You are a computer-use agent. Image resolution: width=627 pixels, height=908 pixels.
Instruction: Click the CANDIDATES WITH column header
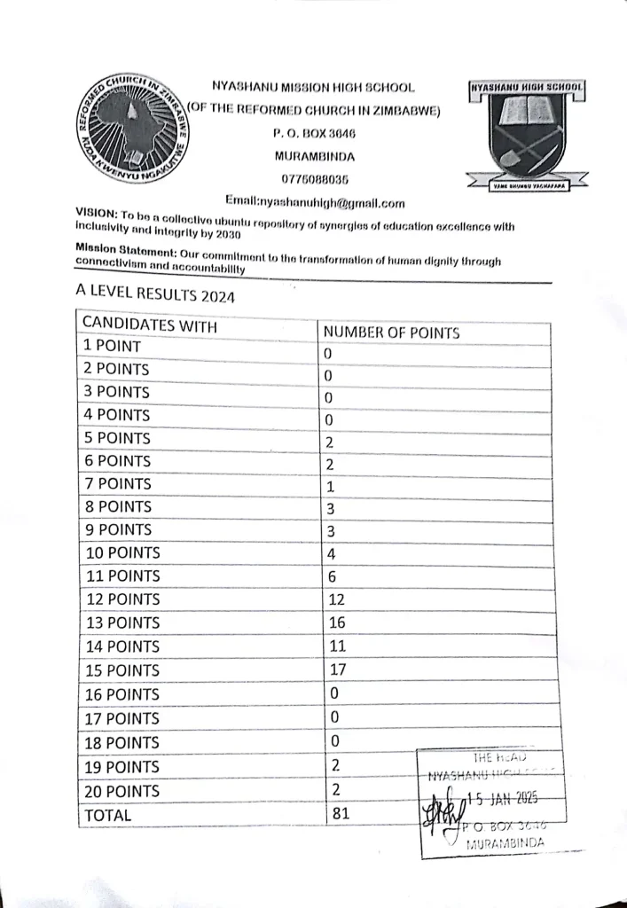tap(149, 325)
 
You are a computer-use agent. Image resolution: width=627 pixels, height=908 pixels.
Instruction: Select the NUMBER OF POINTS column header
tap(391, 333)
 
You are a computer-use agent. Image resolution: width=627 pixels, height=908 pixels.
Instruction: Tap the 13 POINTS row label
tap(121, 622)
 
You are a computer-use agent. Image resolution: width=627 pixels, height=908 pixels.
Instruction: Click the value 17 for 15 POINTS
tap(337, 670)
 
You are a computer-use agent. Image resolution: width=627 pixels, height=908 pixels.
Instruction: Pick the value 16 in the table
tap(337, 622)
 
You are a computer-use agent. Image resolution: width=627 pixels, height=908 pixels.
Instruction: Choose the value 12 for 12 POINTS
tap(337, 599)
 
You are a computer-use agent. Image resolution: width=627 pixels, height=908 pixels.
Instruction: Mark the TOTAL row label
tap(107, 815)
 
